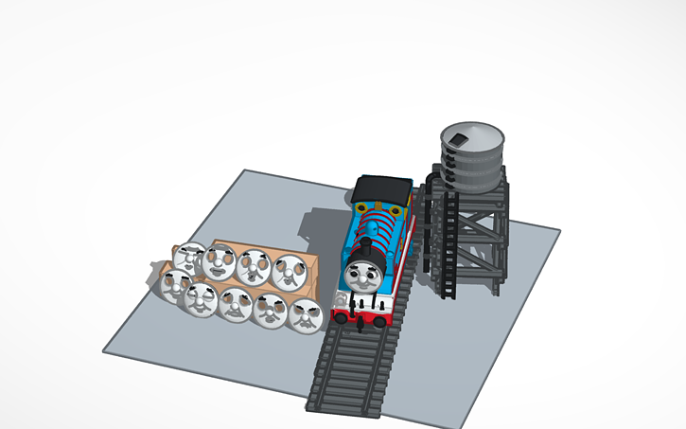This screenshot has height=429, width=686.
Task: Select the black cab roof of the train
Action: (x=384, y=188)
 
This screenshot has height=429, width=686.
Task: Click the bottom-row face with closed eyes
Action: (x=202, y=298)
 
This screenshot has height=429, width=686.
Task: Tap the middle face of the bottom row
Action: (x=235, y=304)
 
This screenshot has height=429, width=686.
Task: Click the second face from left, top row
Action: (x=220, y=261)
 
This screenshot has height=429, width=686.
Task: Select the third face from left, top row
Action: (x=254, y=266)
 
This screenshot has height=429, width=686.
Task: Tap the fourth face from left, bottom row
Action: (x=269, y=310)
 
